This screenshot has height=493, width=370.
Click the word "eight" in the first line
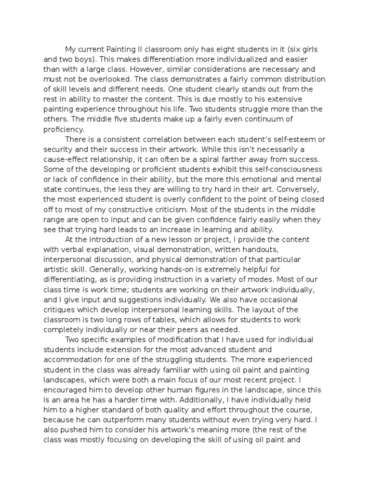point(222,50)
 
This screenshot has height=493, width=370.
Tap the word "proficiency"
point(64,129)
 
